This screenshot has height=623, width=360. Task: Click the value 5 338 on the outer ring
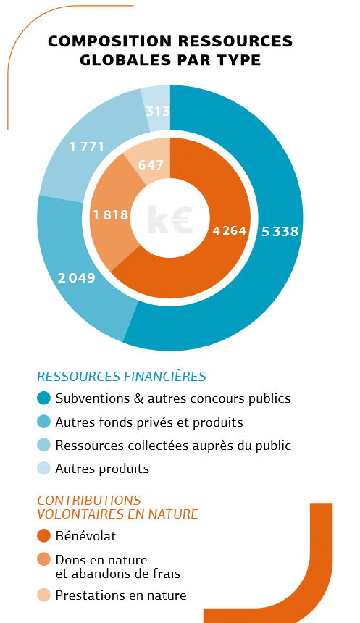pyautogui.click(x=280, y=231)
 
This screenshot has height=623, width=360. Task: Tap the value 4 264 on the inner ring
pyautogui.click(x=230, y=230)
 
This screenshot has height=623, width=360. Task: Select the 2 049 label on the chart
pyautogui.click(x=77, y=277)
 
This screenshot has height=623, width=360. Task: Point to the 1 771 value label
pyautogui.click(x=87, y=147)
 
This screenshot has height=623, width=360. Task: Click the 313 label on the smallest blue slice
pyautogui.click(x=158, y=112)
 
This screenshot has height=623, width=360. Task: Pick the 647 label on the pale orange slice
pyautogui.click(x=151, y=164)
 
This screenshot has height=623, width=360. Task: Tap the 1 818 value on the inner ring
pyautogui.click(x=111, y=215)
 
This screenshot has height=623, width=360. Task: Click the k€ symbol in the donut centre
pyautogui.click(x=169, y=219)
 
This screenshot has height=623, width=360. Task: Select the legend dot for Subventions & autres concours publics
pyautogui.click(x=43, y=398)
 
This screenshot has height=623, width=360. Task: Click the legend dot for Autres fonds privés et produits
pyautogui.click(x=43, y=422)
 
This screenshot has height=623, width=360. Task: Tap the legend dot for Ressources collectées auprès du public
pyautogui.click(x=43, y=445)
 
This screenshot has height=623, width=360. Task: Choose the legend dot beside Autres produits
pyautogui.click(x=43, y=468)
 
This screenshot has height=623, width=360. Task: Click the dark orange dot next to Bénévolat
pyautogui.click(x=43, y=535)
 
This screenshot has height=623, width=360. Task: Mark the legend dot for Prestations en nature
pyautogui.click(x=43, y=595)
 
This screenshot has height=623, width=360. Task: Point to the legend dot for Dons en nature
pyautogui.click(x=43, y=559)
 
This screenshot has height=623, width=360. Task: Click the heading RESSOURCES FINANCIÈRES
pyautogui.click(x=122, y=376)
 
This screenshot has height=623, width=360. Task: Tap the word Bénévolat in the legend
pyautogui.click(x=85, y=536)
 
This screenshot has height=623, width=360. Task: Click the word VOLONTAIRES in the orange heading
pyautogui.click(x=80, y=514)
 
